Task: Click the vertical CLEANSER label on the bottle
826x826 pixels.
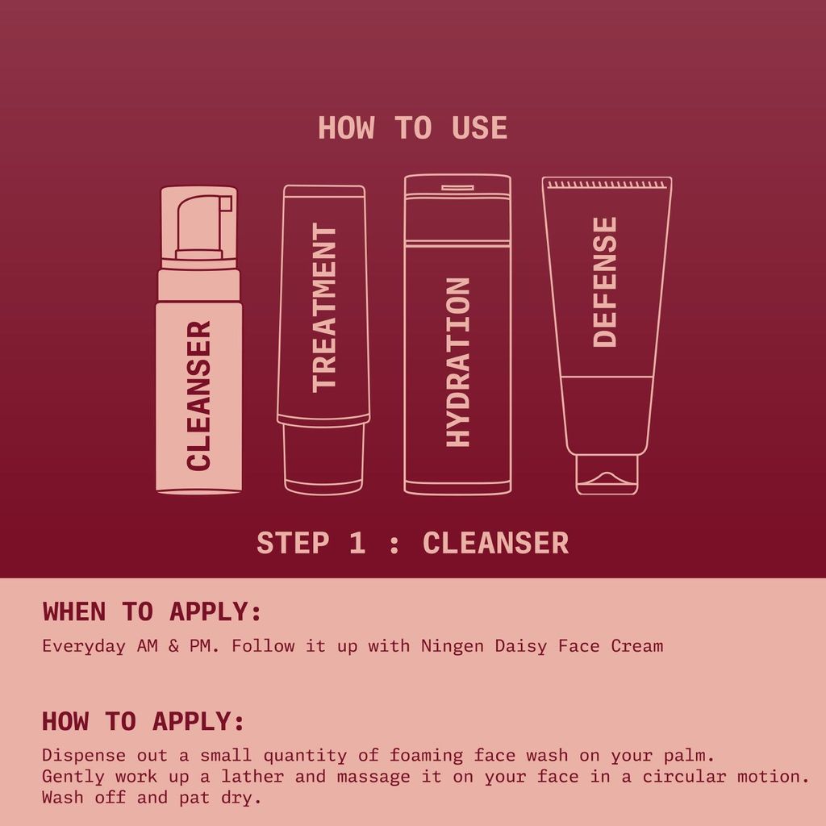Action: tap(198, 395)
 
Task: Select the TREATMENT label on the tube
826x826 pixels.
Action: tap(323, 307)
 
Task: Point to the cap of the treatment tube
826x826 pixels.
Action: tap(323, 457)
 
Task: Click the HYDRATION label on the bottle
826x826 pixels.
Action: tap(457, 362)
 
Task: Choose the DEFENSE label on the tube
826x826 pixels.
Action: tap(605, 282)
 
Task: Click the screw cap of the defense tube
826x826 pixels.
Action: tap(607, 474)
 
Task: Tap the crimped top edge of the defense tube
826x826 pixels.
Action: tap(607, 184)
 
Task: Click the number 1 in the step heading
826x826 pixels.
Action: tap(357, 543)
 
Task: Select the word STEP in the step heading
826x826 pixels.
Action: tap(293, 543)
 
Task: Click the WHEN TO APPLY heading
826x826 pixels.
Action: tap(152, 612)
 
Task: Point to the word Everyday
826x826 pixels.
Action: tap(84, 646)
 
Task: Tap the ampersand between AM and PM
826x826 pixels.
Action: tap(173, 646)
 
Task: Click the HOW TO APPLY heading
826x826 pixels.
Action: tap(143, 721)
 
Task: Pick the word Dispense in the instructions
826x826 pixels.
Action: tap(84, 756)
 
